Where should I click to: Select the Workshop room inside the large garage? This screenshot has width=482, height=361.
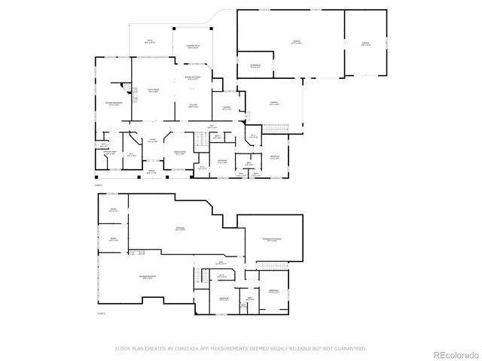point(256,65)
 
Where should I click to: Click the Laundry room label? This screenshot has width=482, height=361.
point(217,108)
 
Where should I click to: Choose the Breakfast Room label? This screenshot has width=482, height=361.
point(192,77)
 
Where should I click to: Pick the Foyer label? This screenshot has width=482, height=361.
point(151,141)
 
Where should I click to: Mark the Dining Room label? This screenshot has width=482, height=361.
point(182,153)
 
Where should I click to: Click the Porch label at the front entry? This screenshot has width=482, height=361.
point(151,172)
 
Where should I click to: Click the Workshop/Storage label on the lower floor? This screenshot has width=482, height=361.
point(272,241)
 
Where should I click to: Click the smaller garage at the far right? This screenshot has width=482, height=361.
point(365,44)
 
